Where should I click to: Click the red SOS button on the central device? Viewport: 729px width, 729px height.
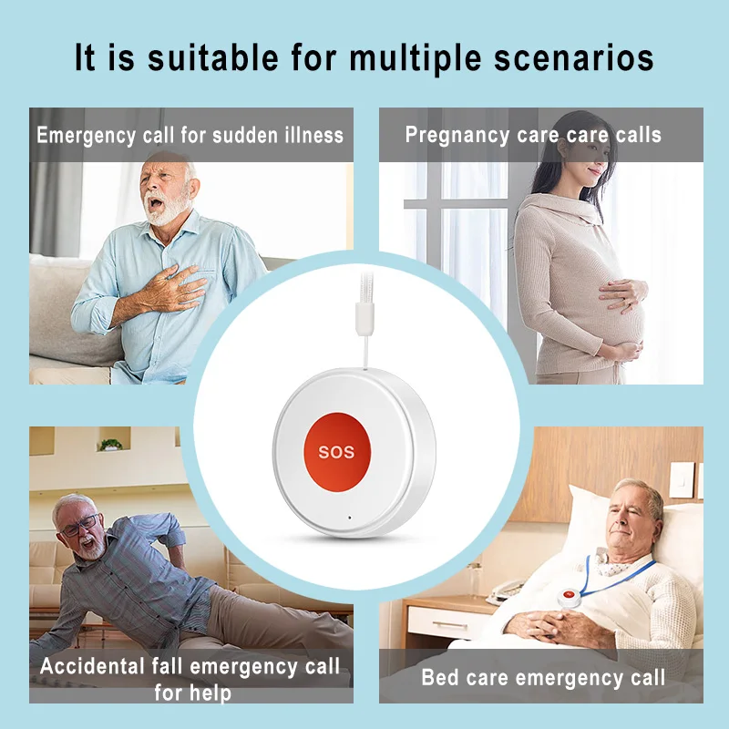click(x=342, y=450)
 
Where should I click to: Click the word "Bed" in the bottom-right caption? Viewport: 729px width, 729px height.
click(x=439, y=677)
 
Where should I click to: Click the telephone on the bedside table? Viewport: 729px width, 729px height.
click(x=507, y=590)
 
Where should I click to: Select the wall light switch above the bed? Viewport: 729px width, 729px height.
click(x=682, y=479)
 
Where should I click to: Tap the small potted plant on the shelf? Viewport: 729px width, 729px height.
click(x=110, y=444)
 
